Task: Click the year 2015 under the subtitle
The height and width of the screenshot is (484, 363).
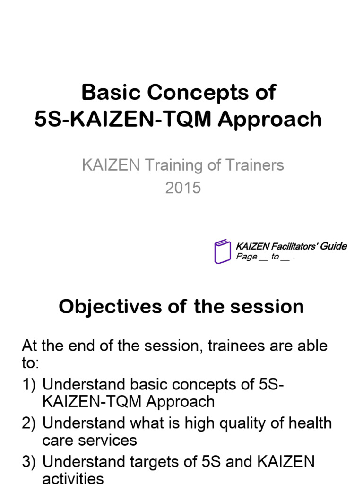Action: click(x=183, y=188)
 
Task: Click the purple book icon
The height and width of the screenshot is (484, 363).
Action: click(x=222, y=251)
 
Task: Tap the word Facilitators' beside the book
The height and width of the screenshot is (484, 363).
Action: click(x=294, y=246)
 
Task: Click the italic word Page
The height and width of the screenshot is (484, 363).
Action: click(x=246, y=257)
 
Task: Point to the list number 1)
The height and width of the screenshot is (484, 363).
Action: click(x=29, y=384)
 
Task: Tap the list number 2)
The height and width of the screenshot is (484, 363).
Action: click(x=29, y=423)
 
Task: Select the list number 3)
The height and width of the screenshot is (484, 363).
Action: click(x=29, y=462)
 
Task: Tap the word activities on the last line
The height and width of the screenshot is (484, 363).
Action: click(x=73, y=478)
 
